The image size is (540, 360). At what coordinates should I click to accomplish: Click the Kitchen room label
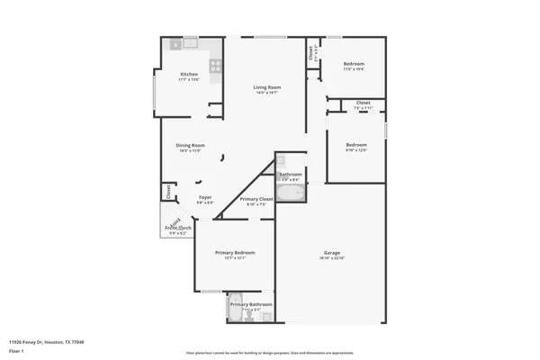click(189, 74)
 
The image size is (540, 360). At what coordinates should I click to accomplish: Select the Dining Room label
click(190, 145)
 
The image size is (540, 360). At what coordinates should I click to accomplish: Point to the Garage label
click(332, 252)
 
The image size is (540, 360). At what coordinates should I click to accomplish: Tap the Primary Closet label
click(256, 199)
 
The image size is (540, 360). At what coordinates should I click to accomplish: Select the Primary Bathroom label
click(250, 304)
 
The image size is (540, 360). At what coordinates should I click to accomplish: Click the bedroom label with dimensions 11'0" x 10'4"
click(354, 64)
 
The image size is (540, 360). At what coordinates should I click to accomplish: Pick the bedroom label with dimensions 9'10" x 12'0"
click(357, 145)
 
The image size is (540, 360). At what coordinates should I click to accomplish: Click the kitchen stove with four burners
click(216, 65)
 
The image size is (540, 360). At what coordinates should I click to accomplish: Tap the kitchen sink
click(191, 42)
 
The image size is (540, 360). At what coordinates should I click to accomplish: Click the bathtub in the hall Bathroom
click(291, 192)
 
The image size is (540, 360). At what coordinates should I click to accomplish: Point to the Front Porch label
click(178, 228)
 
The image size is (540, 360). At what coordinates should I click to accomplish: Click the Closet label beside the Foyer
click(167, 191)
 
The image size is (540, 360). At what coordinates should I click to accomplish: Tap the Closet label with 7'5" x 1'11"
click(363, 103)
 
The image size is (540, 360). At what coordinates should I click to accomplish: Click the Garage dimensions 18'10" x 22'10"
click(332, 258)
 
